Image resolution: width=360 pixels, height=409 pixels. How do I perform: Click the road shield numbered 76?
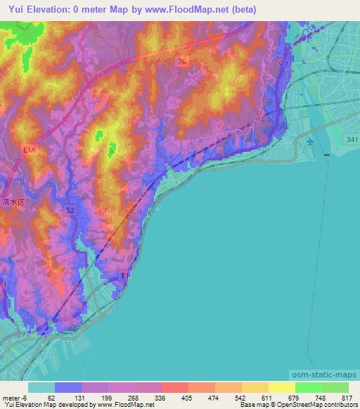[182, 63]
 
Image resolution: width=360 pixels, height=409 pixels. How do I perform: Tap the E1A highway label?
[29, 150]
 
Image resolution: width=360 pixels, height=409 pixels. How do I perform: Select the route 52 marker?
[70, 209]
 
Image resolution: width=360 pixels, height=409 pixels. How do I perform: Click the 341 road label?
[352, 141]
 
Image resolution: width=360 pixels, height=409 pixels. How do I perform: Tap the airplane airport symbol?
[310, 143]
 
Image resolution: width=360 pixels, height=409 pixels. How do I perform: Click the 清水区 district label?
[12, 201]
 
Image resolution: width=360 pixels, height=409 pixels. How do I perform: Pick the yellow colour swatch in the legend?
[282, 387]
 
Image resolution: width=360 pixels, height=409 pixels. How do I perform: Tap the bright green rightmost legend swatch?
[335, 387]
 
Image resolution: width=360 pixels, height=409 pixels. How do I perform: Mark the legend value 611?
[258, 398]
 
